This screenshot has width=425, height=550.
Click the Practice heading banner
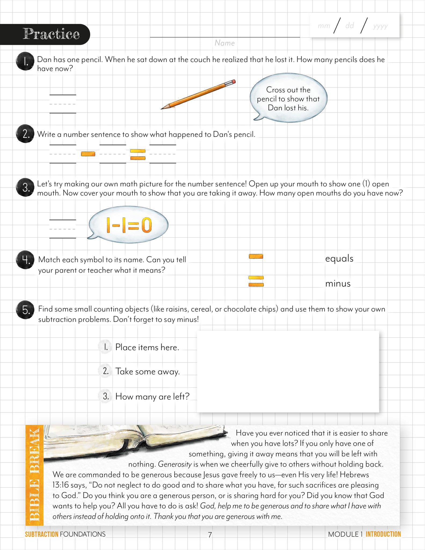pos(51,34)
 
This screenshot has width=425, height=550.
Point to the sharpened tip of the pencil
pos(162,108)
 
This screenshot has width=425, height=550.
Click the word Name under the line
pos(224,43)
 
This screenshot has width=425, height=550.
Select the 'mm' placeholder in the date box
pos(324,26)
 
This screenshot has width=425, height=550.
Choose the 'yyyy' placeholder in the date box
pos(380,26)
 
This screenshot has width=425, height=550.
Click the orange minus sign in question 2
pos(88,154)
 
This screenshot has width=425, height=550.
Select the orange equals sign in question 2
pos(138,154)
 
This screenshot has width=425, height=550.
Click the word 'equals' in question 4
pos(339,258)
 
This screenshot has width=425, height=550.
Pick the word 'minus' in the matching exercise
pos(338,284)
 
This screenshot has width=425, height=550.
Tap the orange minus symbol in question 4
pos(256,256)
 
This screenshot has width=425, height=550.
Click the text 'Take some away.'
pos(147,371)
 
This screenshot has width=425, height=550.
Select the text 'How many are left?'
pos(152,396)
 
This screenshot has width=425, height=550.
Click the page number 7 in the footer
pos(210,535)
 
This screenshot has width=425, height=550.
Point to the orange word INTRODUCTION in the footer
pos(383,534)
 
